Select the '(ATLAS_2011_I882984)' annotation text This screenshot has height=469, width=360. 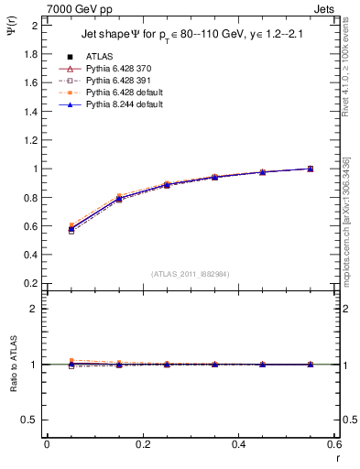click(x=191, y=274)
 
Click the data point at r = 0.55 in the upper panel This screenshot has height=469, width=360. click(x=310, y=169)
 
